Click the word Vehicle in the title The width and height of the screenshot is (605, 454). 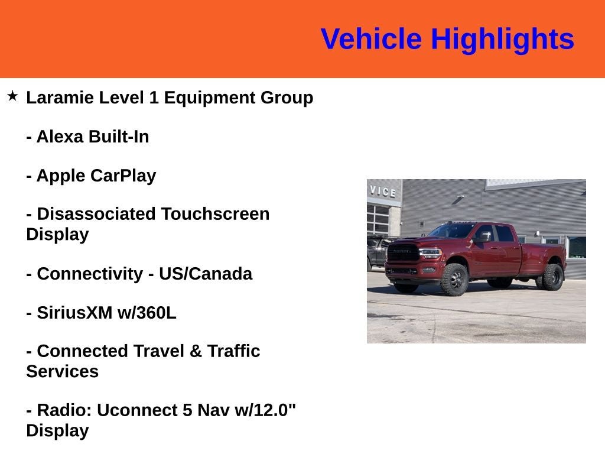pyautogui.click(x=371, y=40)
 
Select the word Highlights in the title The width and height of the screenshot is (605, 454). pyautogui.click(x=502, y=40)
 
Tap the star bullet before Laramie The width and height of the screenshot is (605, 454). pyautogui.click(x=12, y=96)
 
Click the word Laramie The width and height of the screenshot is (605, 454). pyautogui.click(x=60, y=98)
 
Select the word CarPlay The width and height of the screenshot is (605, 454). pyautogui.click(x=123, y=176)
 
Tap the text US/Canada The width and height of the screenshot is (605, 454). pyautogui.click(x=205, y=274)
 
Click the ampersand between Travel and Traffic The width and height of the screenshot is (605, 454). pyautogui.click(x=196, y=351)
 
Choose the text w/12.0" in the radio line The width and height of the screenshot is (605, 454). pyautogui.click(x=265, y=410)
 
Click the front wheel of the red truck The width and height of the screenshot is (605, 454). pyautogui.click(x=454, y=279)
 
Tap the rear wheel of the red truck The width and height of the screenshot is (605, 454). pyautogui.click(x=552, y=277)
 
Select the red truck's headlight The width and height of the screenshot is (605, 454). pyautogui.click(x=430, y=252)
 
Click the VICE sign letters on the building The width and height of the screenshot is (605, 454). pyautogui.click(x=383, y=191)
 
